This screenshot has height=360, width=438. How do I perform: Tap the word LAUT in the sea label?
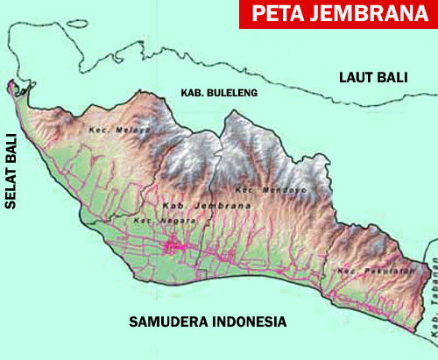(x=357, y=77)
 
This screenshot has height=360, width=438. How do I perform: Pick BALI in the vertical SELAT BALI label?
(x=12, y=148)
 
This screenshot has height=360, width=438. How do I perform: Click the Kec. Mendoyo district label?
(x=258, y=189)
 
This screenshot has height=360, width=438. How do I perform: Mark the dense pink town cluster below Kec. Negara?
(x=180, y=249)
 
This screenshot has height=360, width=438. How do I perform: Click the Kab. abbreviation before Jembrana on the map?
(x=172, y=205)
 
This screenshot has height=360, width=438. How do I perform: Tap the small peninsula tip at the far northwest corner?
(x=11, y=86)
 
